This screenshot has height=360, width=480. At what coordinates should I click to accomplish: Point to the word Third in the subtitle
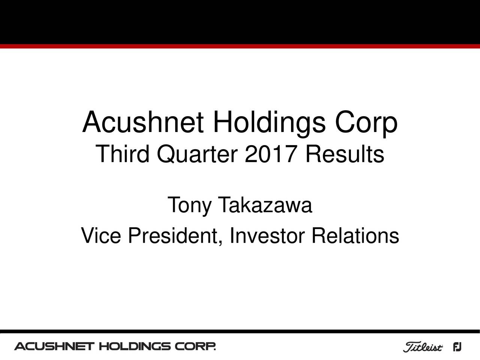123,154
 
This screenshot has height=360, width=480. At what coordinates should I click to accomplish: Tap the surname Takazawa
265,205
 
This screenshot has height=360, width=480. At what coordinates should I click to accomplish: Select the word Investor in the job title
267,236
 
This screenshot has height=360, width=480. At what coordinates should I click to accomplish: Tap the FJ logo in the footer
457,347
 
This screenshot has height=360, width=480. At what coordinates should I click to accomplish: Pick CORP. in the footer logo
195,346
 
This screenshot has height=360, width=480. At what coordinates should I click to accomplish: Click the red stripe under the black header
240,46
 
